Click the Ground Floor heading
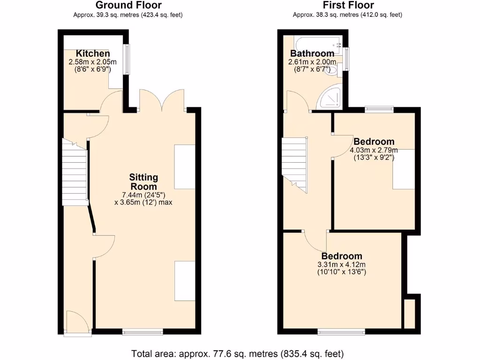pos(128,6)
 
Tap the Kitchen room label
pos(93,53)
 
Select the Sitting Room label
pos(144,182)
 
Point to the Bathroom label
pos(312,53)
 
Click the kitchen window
pos(126,59)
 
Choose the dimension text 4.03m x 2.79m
pos(374,150)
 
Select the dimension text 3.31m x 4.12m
pos(341,264)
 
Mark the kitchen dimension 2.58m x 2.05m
pos(93,62)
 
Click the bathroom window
pos(346,59)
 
